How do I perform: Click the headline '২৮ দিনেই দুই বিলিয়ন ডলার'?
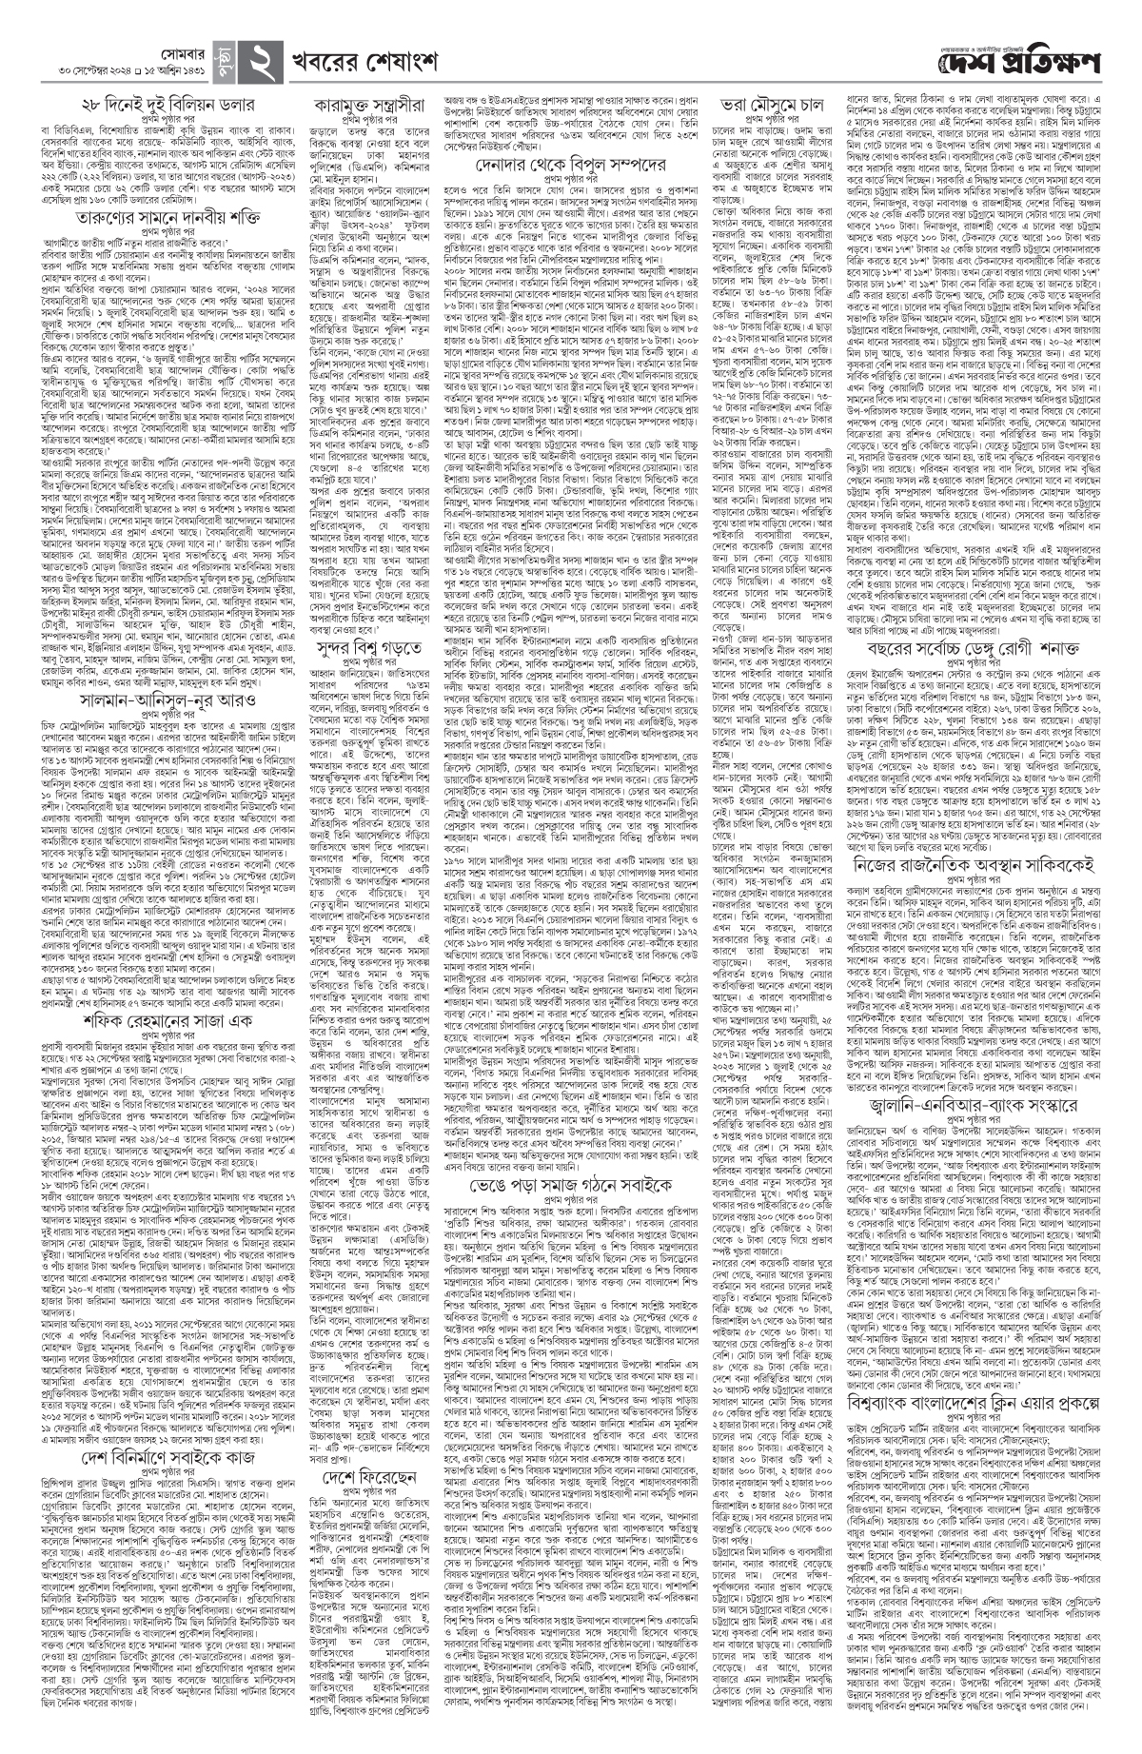pos(167,104)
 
